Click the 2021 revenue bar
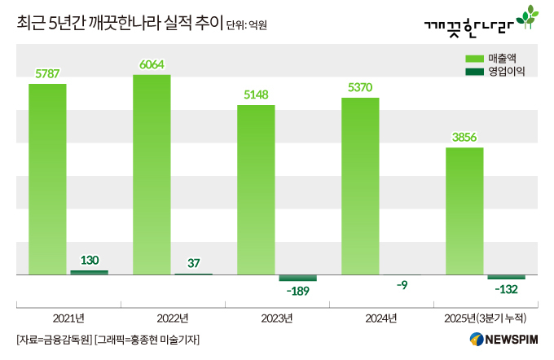pos(47,179)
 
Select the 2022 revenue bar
pos(152,175)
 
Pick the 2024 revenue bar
pos(360,187)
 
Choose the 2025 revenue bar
pos(464,211)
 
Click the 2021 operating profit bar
pos(89,272)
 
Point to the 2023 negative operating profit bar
pos(297,278)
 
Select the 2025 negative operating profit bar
pos(507,277)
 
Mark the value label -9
pos(402,285)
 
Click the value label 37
pos(193,262)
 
